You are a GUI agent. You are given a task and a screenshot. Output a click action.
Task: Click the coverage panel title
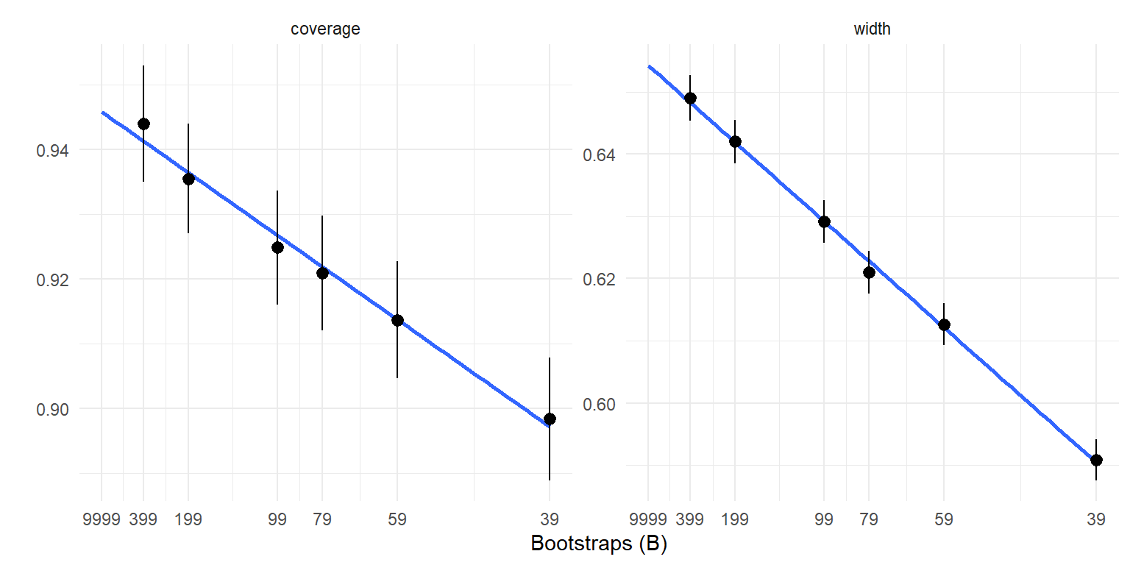[x=325, y=29]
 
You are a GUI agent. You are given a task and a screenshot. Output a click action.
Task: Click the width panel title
[x=873, y=29]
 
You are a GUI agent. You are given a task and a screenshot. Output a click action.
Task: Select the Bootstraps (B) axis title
[x=598, y=544]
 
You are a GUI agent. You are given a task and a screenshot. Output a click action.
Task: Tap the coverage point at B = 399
[x=143, y=124]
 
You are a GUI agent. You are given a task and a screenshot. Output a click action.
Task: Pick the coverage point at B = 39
[x=550, y=419]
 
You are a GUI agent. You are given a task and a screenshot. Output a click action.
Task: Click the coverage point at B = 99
[x=277, y=247]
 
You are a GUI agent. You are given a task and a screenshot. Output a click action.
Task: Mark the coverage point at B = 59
[x=397, y=320]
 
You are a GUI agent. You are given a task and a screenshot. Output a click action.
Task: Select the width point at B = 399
[x=690, y=98]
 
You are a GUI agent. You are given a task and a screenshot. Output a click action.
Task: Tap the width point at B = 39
[x=1096, y=460]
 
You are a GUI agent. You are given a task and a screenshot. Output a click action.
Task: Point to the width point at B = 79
[x=869, y=272]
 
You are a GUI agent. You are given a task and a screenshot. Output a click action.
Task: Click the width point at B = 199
[x=735, y=141]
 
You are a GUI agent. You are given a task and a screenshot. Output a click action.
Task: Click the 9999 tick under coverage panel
[x=102, y=519]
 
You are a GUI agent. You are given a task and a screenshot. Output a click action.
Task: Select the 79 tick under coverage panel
[x=322, y=519]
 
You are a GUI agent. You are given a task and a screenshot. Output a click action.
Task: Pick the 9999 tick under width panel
[x=648, y=519]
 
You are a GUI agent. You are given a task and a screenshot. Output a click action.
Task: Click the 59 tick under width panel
[x=944, y=519]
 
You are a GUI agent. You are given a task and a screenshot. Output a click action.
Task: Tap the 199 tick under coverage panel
[x=188, y=519]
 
